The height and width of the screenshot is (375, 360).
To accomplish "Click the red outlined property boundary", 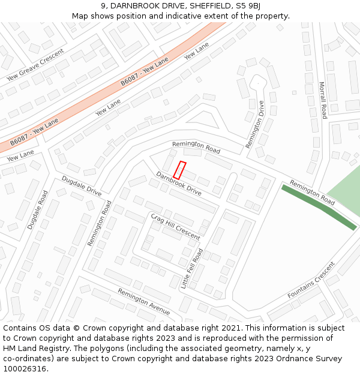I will click(180, 170).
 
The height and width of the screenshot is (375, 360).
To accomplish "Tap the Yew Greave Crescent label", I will click(35, 64).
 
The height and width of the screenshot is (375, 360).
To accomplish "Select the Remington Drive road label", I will click(255, 124).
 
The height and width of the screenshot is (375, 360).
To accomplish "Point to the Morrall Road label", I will click(322, 100).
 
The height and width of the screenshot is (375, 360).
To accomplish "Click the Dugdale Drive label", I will click(82, 186).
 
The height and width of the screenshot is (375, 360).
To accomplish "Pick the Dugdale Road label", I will click(37, 210).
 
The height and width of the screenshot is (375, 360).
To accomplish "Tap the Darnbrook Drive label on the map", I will click(179, 184).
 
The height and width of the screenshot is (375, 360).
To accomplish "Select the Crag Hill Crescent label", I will click(175, 226).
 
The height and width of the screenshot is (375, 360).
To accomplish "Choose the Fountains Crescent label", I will click(311, 283).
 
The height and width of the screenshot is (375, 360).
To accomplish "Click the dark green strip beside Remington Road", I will click(319, 206).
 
